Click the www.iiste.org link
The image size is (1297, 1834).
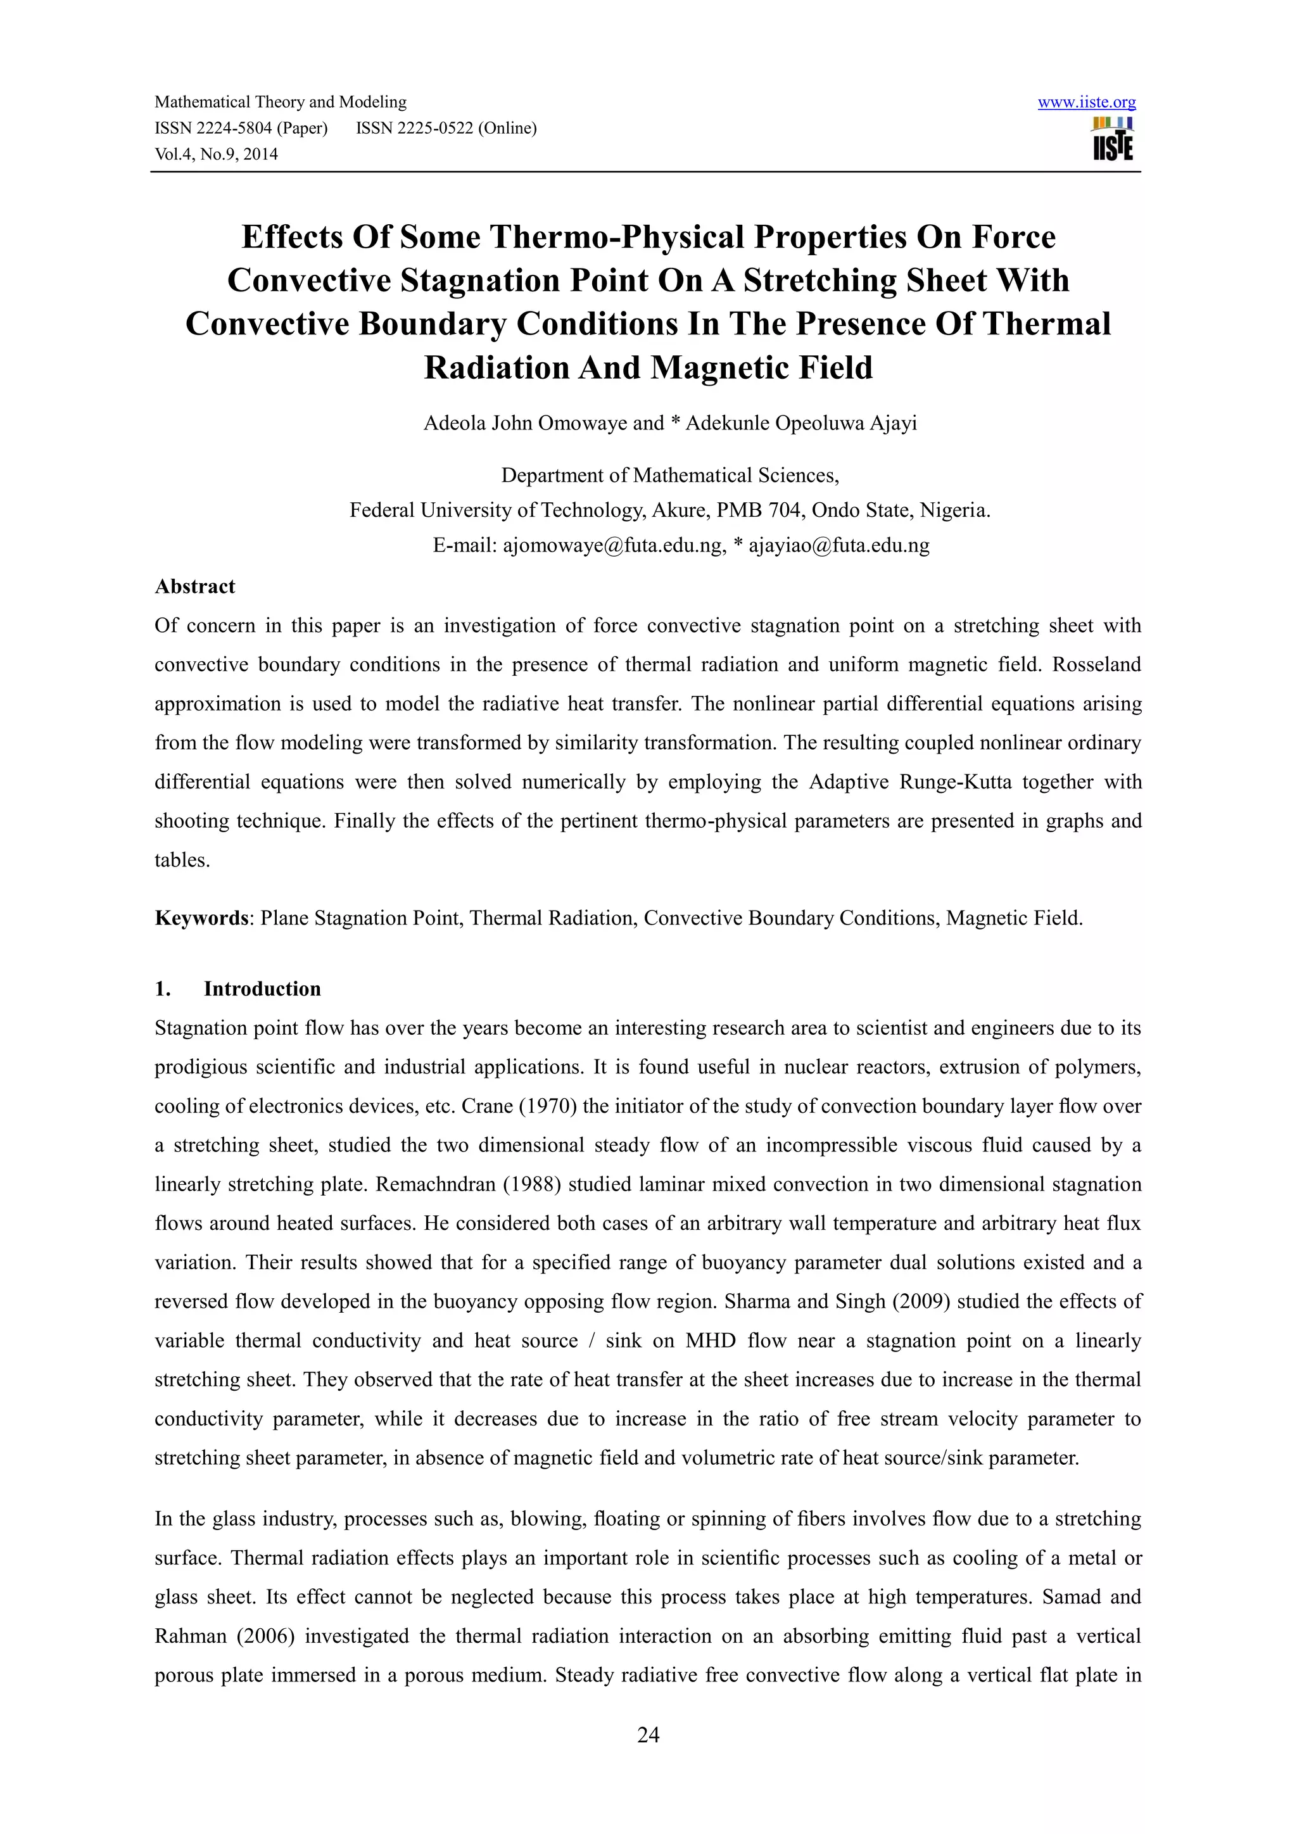pos(1086,102)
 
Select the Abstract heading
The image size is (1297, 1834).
pos(195,586)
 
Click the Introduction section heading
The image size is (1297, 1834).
pos(262,989)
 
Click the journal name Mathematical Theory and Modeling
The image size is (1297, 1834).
pos(281,102)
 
